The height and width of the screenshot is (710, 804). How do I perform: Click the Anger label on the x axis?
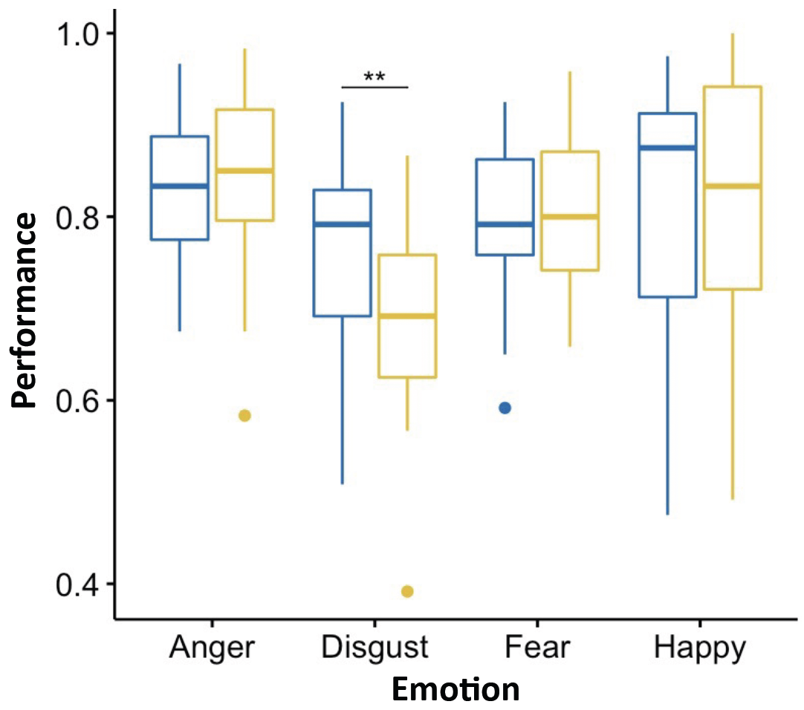(212, 648)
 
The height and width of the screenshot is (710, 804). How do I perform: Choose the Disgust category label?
(375, 648)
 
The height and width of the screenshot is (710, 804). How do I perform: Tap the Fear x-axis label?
(536, 648)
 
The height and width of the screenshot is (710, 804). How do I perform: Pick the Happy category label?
(699, 648)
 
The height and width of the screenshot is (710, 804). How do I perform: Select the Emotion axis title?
(456, 690)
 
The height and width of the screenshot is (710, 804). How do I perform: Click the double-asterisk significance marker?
(375, 77)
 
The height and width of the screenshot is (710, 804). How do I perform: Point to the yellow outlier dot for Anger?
(244, 415)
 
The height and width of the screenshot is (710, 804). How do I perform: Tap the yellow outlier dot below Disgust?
(407, 591)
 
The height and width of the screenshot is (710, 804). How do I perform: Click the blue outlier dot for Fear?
(505, 408)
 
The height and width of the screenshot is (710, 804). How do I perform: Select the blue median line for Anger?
(179, 186)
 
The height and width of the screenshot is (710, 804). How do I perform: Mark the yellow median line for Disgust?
(407, 316)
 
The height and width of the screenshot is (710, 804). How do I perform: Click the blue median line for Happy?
(667, 148)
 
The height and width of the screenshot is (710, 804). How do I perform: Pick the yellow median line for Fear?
(570, 217)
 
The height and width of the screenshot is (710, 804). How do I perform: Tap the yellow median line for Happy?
(732, 186)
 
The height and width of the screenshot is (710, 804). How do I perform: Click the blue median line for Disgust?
(342, 224)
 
